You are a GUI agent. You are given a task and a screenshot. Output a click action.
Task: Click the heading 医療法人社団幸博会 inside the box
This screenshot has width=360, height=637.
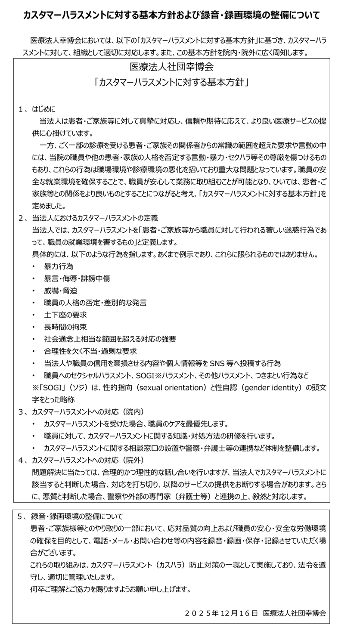click(171, 67)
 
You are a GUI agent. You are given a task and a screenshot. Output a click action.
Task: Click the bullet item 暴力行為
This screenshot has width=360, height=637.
click(58, 266)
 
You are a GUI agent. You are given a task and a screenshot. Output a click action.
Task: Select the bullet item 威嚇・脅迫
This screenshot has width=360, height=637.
click(60, 291)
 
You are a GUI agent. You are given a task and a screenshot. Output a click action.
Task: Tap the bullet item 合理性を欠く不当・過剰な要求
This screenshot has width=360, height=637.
click(90, 351)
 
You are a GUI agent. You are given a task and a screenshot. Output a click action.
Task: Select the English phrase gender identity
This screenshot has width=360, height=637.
click(271, 387)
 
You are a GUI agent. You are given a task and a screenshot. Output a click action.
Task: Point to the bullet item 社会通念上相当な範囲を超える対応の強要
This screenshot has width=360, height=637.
click(110, 339)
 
